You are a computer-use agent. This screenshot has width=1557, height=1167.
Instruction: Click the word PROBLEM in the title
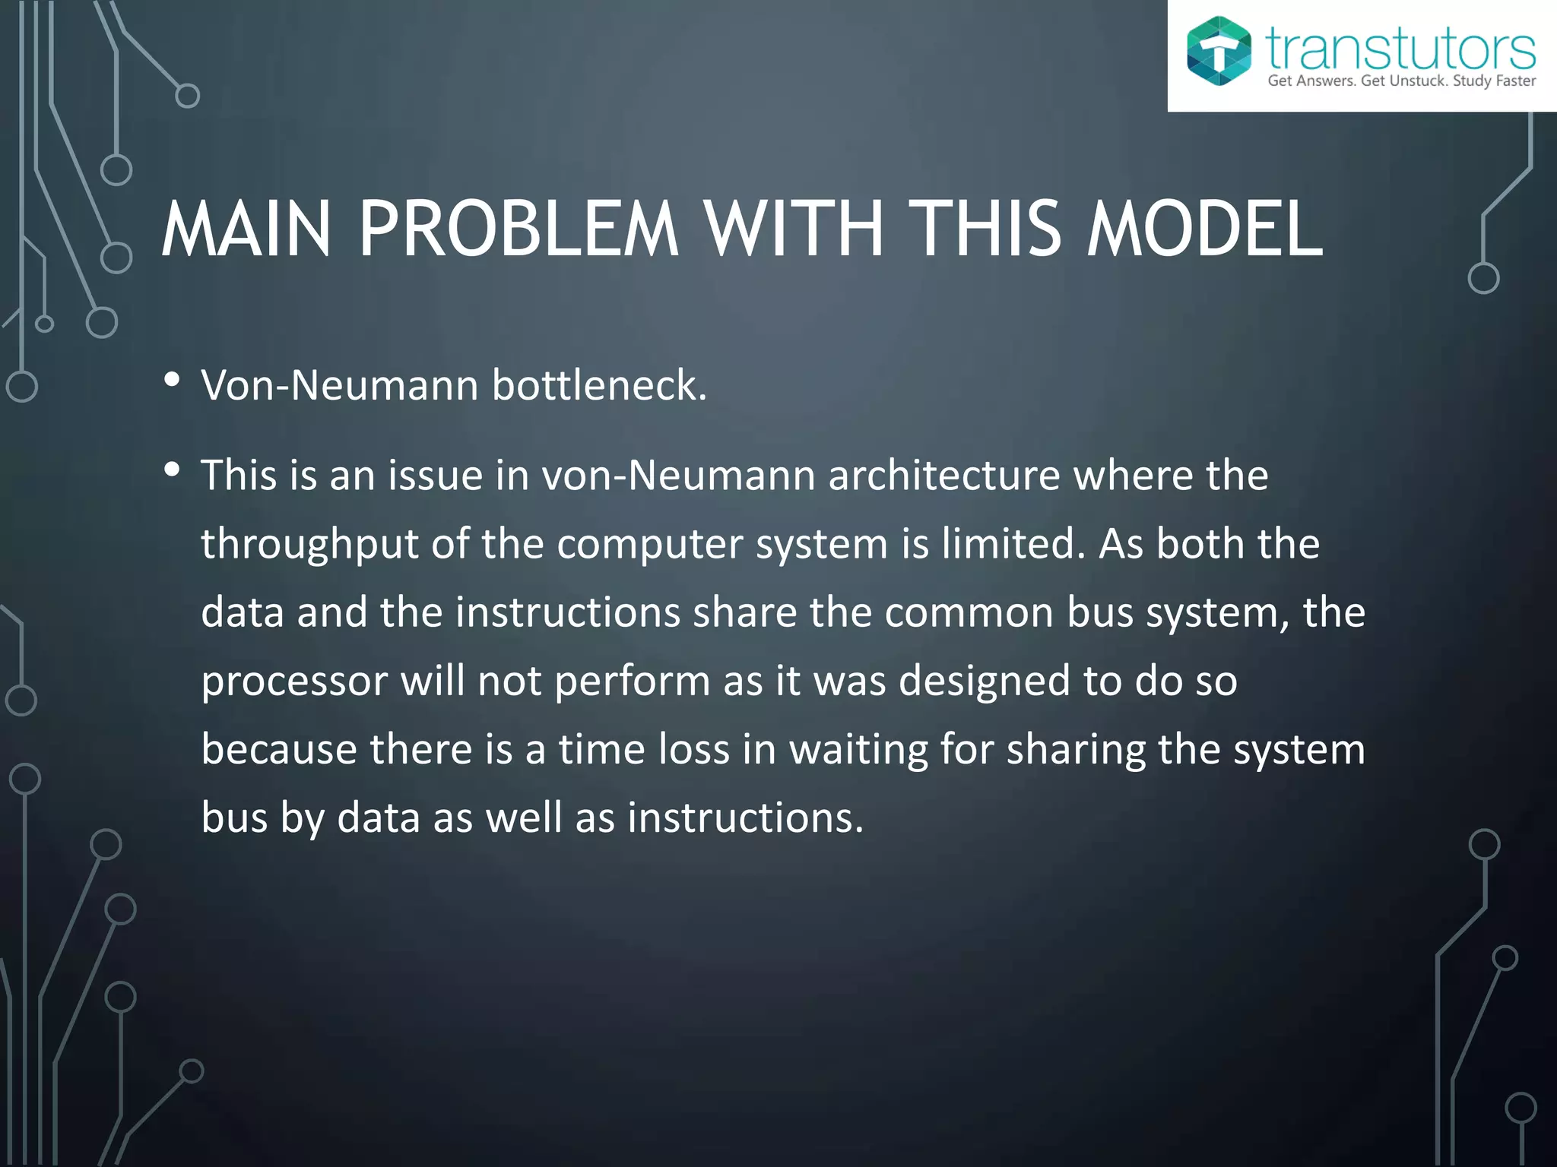point(518,229)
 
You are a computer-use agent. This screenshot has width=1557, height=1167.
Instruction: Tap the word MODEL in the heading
point(1204,229)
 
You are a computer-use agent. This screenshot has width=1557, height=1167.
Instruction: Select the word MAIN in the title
point(246,229)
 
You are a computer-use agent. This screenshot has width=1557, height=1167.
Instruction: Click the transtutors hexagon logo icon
point(1219,51)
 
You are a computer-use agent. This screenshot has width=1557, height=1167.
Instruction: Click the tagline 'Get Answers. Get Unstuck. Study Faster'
point(1401,81)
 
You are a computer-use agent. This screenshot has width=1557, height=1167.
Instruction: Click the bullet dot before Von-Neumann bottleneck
point(172,379)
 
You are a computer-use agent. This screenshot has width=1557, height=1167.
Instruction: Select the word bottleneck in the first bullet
point(599,385)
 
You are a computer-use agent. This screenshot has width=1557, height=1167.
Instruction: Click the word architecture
point(943,476)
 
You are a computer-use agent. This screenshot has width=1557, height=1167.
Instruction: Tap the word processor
point(294,682)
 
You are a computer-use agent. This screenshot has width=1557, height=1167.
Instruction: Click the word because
point(279,750)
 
